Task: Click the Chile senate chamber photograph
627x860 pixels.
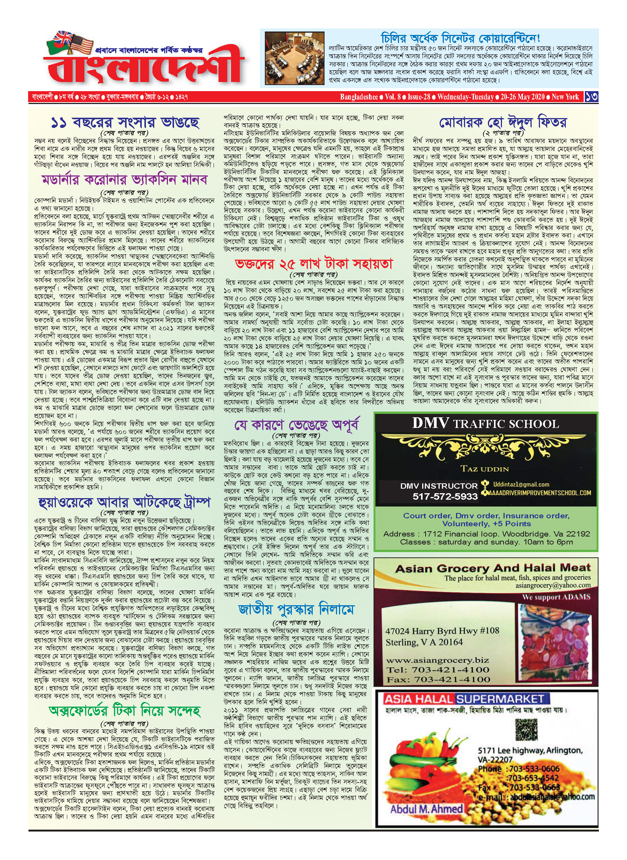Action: (x=294, y=59)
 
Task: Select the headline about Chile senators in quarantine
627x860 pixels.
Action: (x=460, y=38)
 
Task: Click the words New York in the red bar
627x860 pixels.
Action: (x=565, y=97)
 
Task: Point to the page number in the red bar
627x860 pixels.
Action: (x=591, y=97)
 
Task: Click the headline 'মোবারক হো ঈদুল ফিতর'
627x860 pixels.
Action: (x=503, y=122)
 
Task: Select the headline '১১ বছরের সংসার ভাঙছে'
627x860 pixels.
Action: (x=125, y=122)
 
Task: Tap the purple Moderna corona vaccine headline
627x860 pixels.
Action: (x=125, y=179)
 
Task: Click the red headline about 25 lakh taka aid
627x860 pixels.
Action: (x=313, y=264)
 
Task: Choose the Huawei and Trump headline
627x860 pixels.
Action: (x=124, y=503)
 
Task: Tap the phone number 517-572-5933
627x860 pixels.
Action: (x=445, y=496)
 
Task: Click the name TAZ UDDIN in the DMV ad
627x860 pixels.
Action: (x=484, y=469)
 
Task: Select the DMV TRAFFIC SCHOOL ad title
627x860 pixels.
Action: (x=485, y=423)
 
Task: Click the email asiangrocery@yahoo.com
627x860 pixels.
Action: (x=553, y=585)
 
